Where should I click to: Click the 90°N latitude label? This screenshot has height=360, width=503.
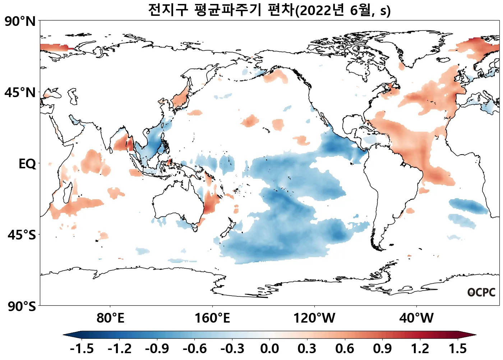(20, 21)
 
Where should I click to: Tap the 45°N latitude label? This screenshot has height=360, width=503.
(20, 92)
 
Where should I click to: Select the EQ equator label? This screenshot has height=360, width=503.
(27, 164)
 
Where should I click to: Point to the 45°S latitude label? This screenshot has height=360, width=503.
(22, 235)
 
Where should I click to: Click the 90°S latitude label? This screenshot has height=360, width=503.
(22, 306)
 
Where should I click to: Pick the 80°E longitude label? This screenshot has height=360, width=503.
(110, 318)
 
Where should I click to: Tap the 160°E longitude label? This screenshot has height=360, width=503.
(212, 318)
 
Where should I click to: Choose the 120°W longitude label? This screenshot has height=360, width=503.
(314, 318)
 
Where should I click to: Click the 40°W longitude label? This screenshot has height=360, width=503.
(416, 318)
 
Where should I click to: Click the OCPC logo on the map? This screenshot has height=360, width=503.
(481, 292)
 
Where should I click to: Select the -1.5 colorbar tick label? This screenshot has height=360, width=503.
(82, 348)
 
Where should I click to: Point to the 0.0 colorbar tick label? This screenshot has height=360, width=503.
(269, 348)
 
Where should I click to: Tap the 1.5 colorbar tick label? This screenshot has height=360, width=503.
(458, 348)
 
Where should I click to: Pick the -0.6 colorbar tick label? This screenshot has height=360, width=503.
(194, 348)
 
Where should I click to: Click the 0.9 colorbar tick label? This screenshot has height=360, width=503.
(382, 348)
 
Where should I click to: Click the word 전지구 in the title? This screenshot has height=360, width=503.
(168, 10)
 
